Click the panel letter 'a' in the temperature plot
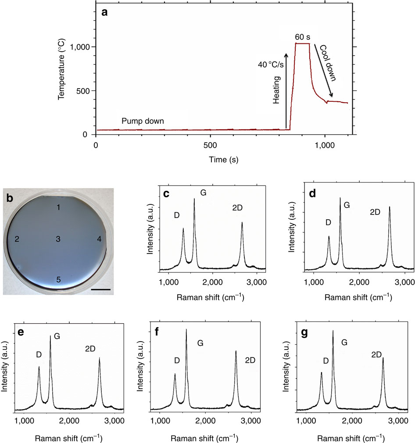(104, 13)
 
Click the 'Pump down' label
(143, 121)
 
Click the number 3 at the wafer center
(58, 239)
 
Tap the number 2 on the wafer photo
(17, 239)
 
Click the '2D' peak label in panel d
(375, 212)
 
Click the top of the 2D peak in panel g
(383, 358)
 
